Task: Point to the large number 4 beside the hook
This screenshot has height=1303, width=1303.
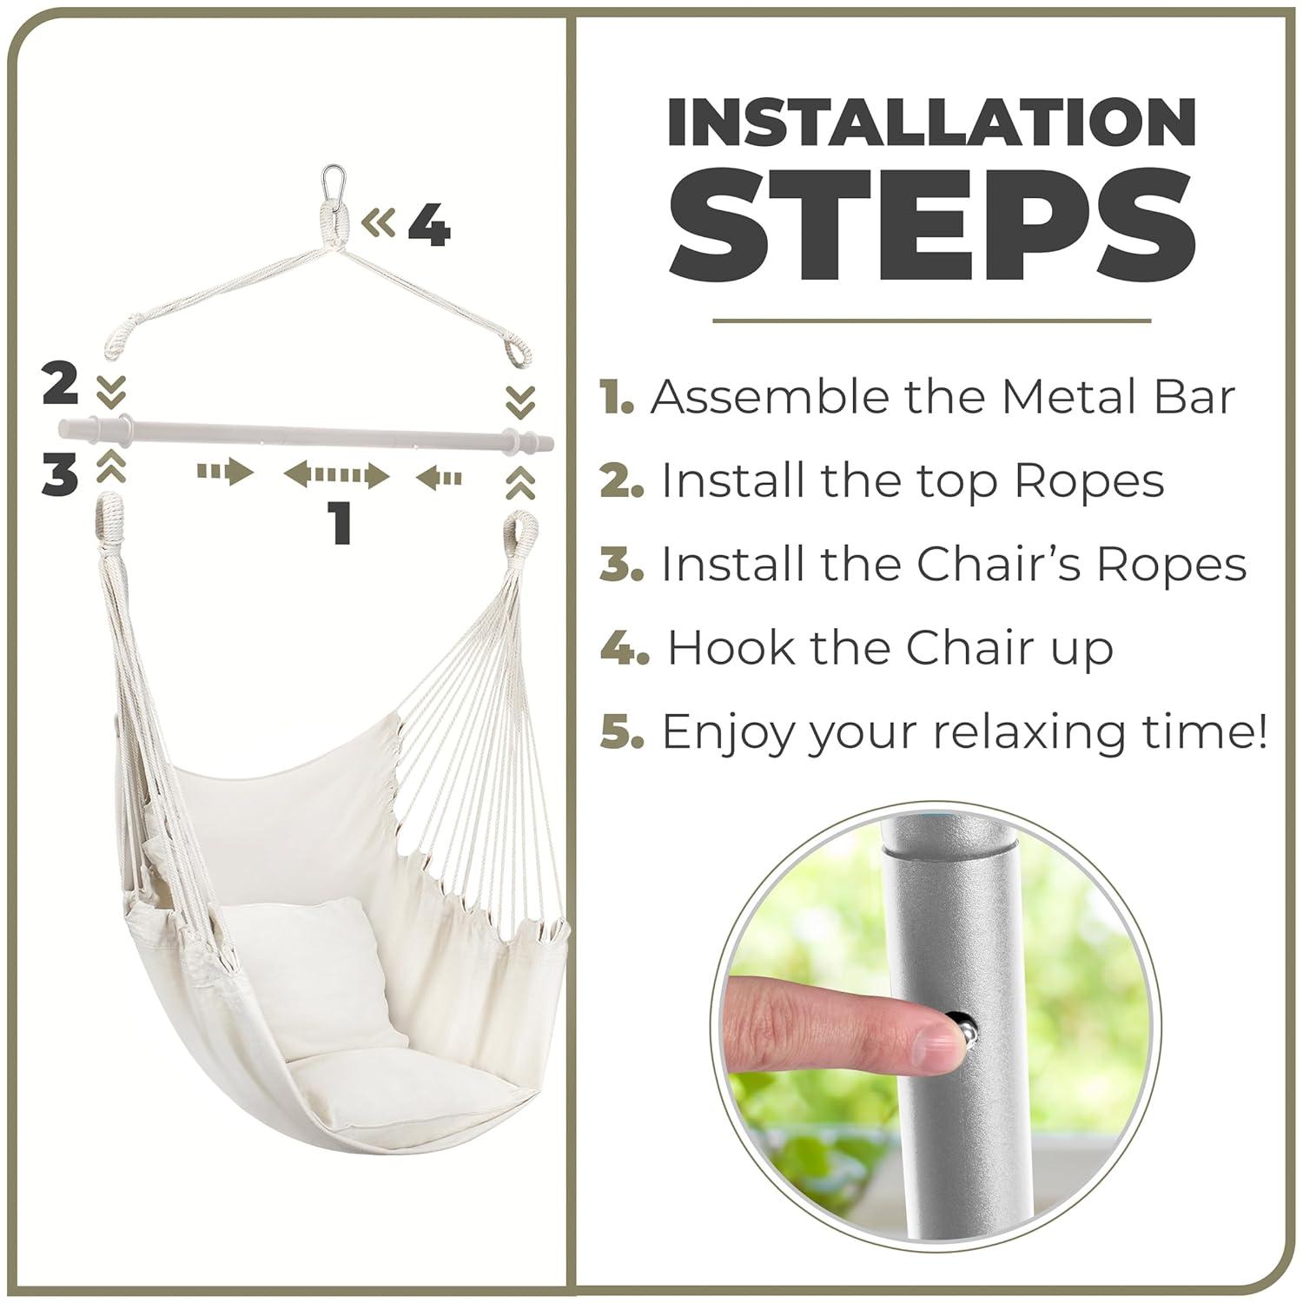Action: point(429,226)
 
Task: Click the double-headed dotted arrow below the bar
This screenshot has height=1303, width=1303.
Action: point(336,476)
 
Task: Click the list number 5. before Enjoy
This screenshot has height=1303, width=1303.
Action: point(622,731)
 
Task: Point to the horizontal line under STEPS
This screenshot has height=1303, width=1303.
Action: point(931,321)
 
